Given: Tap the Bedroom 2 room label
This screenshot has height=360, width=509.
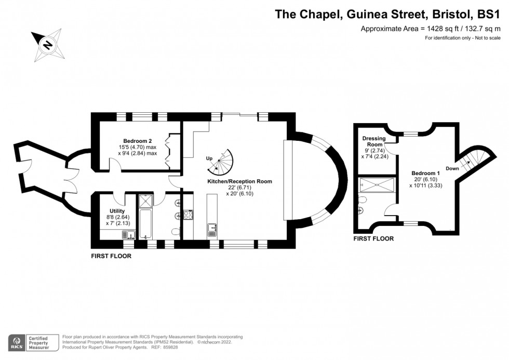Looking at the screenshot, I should click(x=138, y=141).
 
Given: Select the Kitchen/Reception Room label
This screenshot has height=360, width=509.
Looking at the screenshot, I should click(x=239, y=181).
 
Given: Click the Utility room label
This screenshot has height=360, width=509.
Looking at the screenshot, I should click(x=117, y=211).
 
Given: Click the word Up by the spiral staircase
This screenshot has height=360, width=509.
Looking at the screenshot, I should click(x=209, y=158).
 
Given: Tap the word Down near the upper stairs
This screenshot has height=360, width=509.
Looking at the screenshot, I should click(x=452, y=168).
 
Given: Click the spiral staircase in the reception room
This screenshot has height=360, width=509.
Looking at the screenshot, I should click(x=222, y=163).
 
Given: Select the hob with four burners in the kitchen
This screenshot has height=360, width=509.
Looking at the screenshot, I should click(x=188, y=215).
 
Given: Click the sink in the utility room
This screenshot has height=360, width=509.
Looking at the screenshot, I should click(x=128, y=235).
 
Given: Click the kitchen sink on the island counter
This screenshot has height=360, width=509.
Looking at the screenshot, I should click(x=211, y=228).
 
